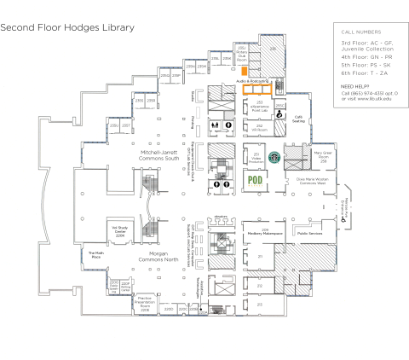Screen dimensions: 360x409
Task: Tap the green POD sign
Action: click(x=254, y=180)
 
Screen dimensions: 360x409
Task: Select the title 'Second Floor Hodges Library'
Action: click(x=67, y=27)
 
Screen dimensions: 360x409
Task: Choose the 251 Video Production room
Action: click(x=256, y=156)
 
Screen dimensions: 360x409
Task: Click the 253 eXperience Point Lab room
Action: click(x=257, y=107)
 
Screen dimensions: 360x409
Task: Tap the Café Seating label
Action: click(x=298, y=119)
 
